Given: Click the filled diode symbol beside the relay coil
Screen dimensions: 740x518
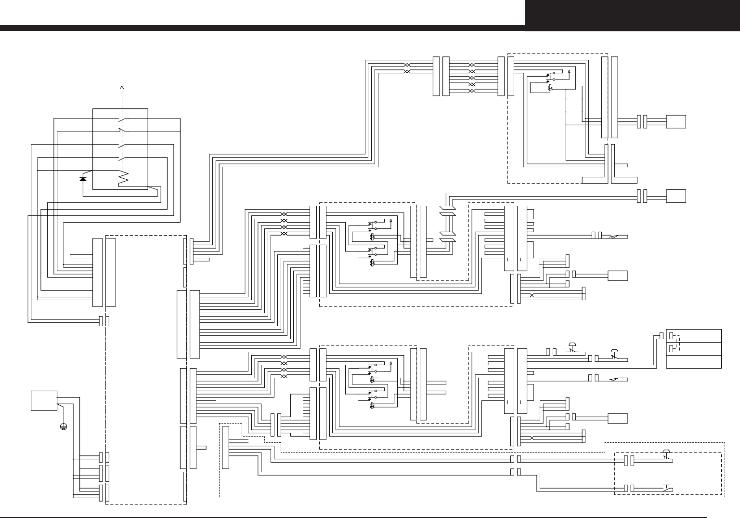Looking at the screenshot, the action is pyautogui.click(x=83, y=179).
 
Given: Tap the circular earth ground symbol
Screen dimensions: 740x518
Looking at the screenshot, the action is pyautogui.click(x=63, y=426).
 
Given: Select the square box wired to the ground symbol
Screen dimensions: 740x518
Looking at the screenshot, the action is pyautogui.click(x=44, y=400).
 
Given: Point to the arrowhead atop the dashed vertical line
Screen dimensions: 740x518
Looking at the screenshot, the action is pyautogui.click(x=122, y=87).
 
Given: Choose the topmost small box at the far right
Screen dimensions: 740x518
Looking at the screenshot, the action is pyautogui.click(x=675, y=121).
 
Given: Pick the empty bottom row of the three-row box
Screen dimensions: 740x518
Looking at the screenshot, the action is pyautogui.click(x=694, y=362).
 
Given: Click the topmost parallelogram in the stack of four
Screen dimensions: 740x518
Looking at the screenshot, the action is pyautogui.click(x=447, y=209).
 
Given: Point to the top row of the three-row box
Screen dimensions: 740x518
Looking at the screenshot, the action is pyautogui.click(x=694, y=335).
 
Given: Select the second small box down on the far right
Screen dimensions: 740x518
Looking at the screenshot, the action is pyautogui.click(x=675, y=196).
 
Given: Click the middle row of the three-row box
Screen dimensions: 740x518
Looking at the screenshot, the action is pyautogui.click(x=694, y=348).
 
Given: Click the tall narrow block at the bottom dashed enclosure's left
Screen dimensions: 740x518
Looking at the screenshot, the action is pyautogui.click(x=225, y=447).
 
